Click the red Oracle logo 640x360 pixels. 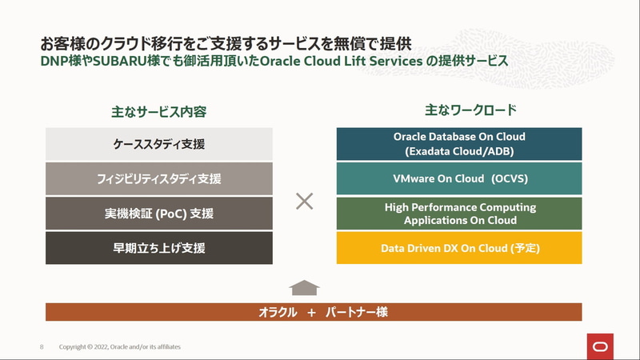(x=600, y=346)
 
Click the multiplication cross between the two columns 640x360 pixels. (x=305, y=202)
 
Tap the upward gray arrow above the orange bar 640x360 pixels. (x=304, y=288)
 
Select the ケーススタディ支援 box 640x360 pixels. (x=159, y=144)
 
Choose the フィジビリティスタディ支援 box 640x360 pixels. (x=159, y=178)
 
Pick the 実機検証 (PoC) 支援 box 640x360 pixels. (x=159, y=214)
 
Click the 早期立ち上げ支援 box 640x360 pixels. (x=159, y=248)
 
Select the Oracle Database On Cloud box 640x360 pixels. (x=459, y=144)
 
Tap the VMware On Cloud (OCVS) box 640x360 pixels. (x=459, y=178)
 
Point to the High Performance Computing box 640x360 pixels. (x=459, y=214)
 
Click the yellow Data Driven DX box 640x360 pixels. (x=459, y=248)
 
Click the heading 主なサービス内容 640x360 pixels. (x=158, y=112)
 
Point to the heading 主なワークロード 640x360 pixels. (x=470, y=110)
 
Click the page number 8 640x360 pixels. (x=42, y=347)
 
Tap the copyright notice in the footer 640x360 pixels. (x=119, y=347)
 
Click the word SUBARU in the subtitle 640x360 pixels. (x=120, y=62)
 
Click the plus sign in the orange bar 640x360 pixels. (x=311, y=313)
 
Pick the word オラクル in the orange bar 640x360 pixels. (x=278, y=312)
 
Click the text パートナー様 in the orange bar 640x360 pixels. (x=356, y=312)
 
